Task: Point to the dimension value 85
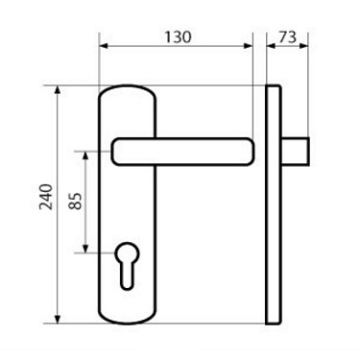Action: tap(75, 203)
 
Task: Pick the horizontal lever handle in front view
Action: tap(182, 151)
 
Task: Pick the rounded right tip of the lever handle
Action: tap(249, 151)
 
